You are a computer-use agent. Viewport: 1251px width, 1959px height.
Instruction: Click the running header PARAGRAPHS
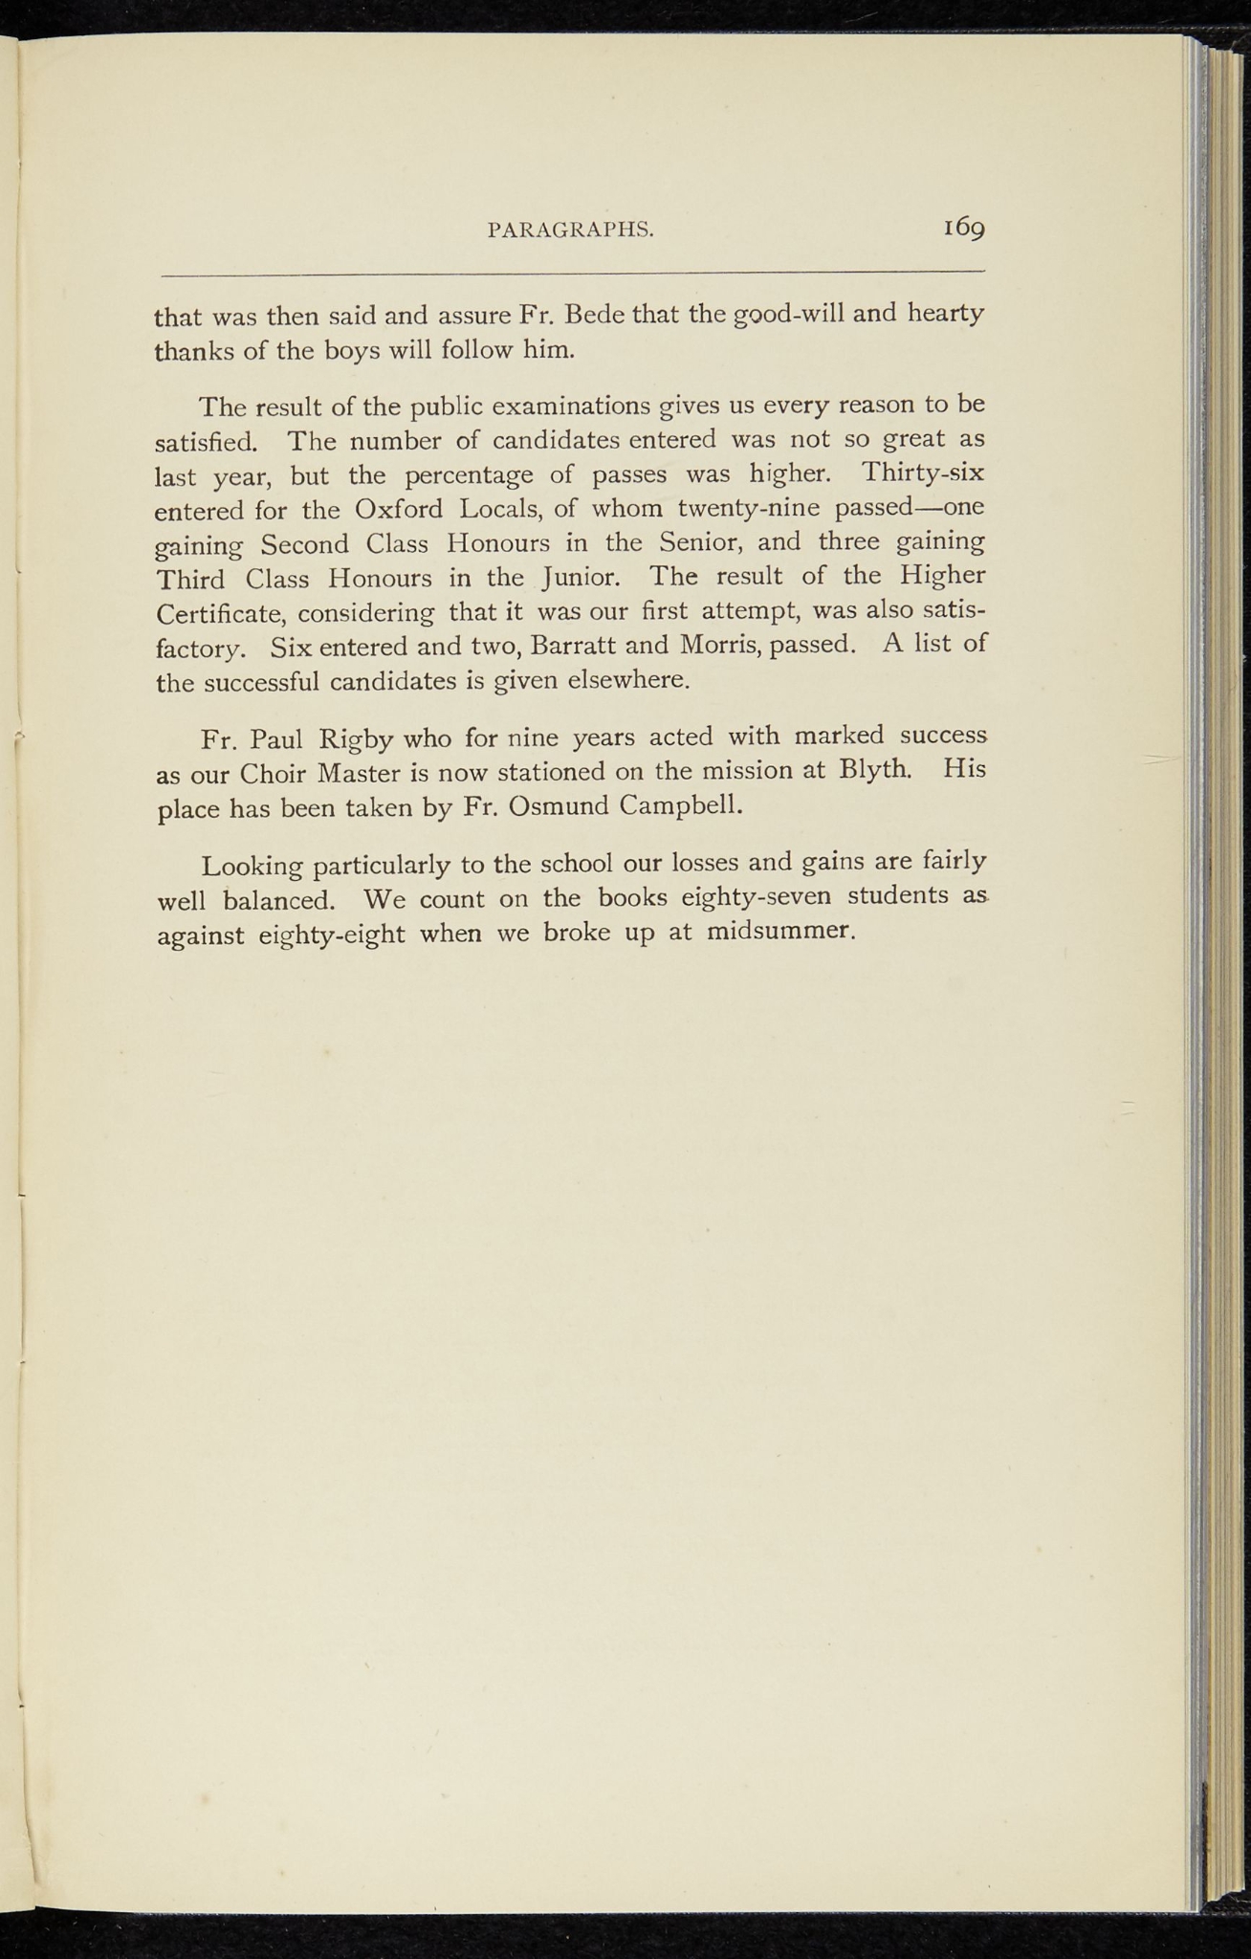(570, 230)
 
